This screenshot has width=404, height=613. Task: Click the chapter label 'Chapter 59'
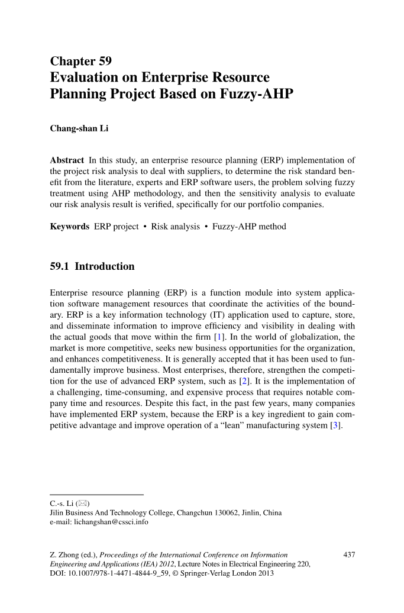click(x=81, y=61)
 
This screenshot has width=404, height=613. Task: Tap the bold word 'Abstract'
click(x=67, y=160)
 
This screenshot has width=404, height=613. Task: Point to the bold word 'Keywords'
click(x=70, y=227)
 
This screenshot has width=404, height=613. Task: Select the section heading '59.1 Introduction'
click(x=92, y=266)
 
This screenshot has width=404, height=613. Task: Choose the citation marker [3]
click(x=336, y=425)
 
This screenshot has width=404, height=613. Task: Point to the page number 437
click(x=349, y=555)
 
